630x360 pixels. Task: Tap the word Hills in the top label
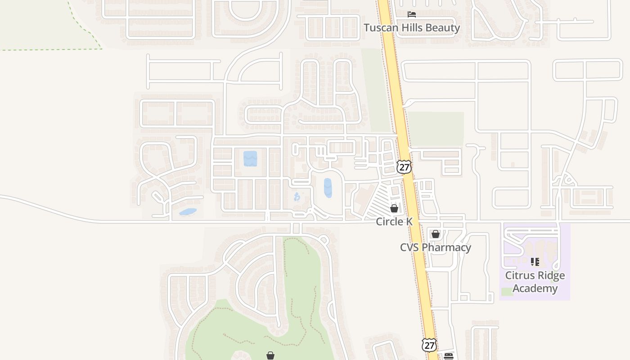[x=410, y=28]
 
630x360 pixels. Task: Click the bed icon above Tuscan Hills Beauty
[x=411, y=14]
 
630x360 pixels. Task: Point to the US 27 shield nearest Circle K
[x=404, y=167]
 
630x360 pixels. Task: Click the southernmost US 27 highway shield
[x=429, y=345]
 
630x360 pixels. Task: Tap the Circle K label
[x=394, y=221]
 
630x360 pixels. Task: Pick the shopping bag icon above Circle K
[x=394, y=208]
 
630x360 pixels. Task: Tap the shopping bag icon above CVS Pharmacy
[x=435, y=234]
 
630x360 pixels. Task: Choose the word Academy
[x=535, y=288]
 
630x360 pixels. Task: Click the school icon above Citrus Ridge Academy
[x=535, y=261]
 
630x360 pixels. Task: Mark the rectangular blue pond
[x=250, y=158]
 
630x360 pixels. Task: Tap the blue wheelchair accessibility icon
[x=297, y=197]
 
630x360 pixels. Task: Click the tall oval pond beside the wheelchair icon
[x=328, y=188]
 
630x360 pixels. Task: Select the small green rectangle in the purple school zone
[x=507, y=292]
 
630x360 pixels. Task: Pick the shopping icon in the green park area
[x=270, y=355]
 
